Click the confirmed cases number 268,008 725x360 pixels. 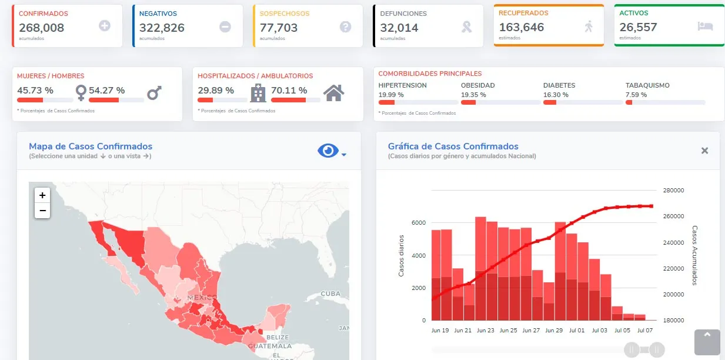(x=41, y=28)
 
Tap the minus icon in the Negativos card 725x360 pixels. (x=225, y=26)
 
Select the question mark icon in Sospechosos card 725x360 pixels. (x=345, y=26)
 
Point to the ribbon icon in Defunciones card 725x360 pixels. (x=467, y=26)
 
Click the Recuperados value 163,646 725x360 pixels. (x=522, y=27)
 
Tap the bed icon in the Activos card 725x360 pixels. (x=705, y=26)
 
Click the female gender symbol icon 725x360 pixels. (x=81, y=92)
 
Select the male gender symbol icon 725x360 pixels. (x=154, y=92)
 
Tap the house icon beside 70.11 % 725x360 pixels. (x=333, y=92)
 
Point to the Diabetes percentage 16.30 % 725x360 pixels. (x=556, y=95)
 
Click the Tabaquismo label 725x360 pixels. (x=647, y=85)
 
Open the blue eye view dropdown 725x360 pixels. (x=332, y=151)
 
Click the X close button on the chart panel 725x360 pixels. (x=704, y=151)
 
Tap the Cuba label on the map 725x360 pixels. (x=330, y=294)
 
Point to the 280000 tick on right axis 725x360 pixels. (x=673, y=191)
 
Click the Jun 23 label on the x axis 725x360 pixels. (x=486, y=331)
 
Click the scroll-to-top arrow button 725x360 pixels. (x=707, y=342)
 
